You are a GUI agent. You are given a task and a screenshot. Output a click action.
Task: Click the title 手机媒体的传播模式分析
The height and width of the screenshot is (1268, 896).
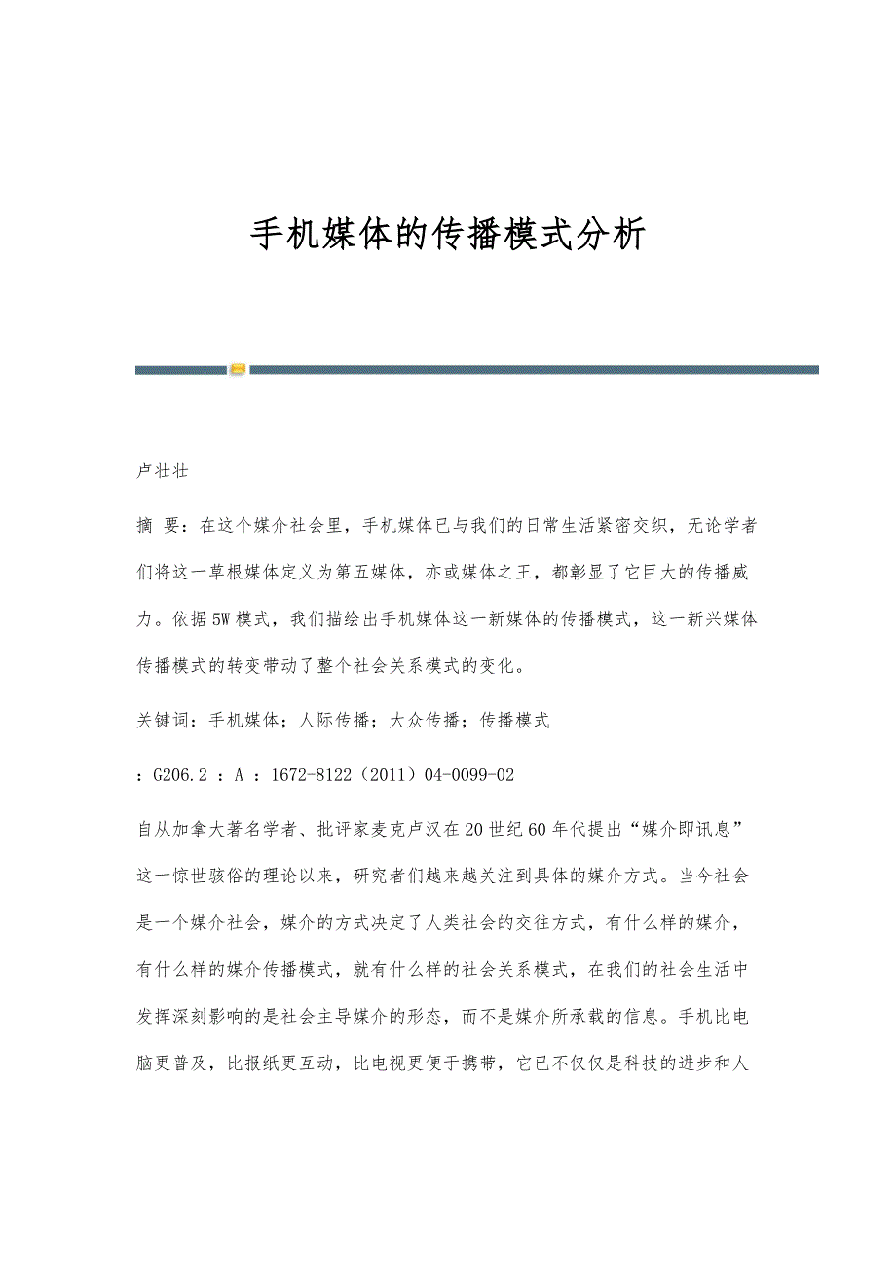pos(448,235)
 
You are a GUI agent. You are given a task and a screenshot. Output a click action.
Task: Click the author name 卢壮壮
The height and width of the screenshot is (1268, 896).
pos(162,471)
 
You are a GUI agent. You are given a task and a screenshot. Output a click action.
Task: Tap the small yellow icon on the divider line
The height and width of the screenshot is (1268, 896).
pos(238,370)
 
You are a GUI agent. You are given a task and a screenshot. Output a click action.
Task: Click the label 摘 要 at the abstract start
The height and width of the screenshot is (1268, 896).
pos(159,526)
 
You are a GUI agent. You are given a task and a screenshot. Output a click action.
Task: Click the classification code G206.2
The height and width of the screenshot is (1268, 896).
pos(181,775)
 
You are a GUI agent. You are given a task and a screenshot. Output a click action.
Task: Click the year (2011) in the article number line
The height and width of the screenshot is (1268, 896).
pos(388,775)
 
